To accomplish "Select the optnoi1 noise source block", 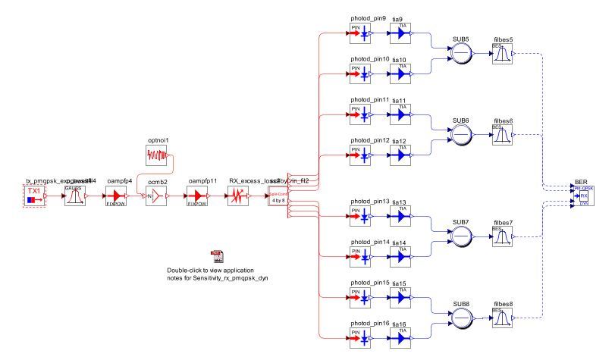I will [159, 156].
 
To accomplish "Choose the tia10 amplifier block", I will [400, 74].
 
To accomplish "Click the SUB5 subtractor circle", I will [460, 54].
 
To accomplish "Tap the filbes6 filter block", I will [502, 136].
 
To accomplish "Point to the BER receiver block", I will [583, 196].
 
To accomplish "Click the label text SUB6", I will [460, 121].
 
